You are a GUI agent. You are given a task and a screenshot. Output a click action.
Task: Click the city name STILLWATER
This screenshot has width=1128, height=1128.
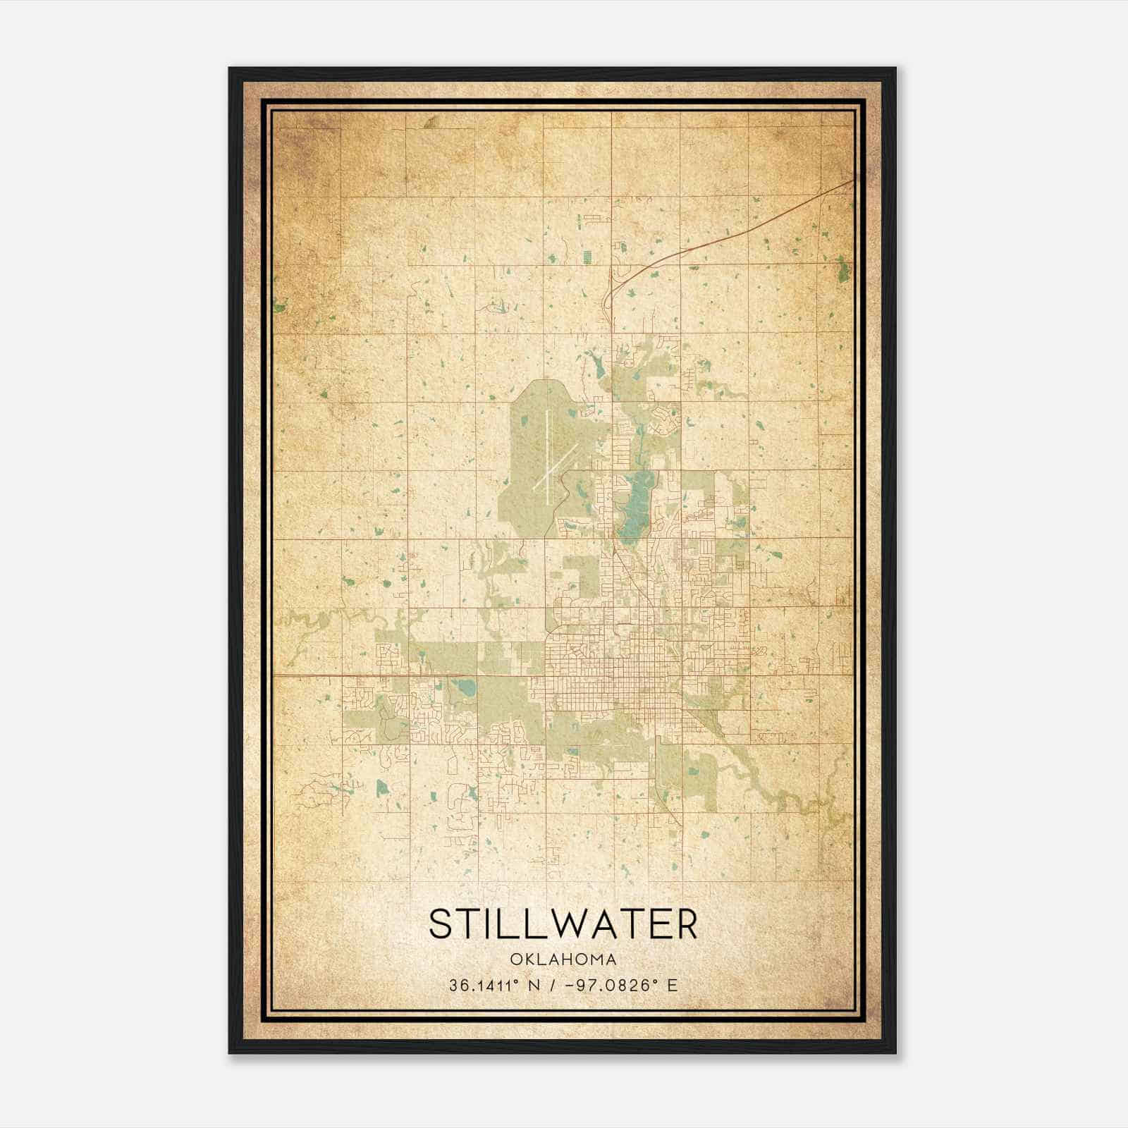(x=563, y=924)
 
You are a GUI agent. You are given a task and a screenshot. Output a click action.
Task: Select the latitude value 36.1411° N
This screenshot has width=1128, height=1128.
(x=494, y=986)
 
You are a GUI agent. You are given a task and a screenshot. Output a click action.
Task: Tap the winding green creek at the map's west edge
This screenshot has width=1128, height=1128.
(x=296, y=623)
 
